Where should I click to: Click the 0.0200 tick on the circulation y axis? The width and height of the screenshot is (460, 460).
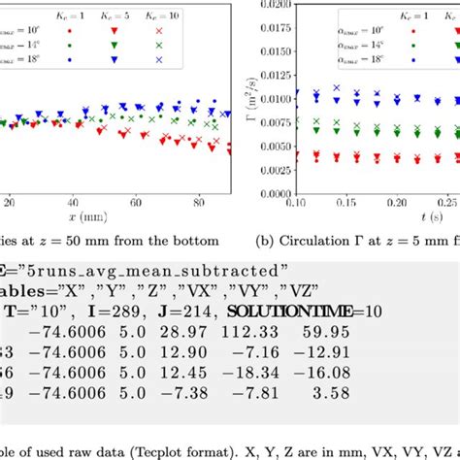[271, 3]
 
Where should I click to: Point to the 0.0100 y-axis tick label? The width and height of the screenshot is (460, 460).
[271, 98]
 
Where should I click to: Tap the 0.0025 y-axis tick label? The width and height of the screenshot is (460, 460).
[271, 170]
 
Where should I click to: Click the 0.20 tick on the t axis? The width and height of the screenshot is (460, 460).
[396, 205]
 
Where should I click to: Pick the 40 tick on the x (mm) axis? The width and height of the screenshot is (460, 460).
[74, 205]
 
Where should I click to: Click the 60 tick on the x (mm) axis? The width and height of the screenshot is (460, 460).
[138, 205]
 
